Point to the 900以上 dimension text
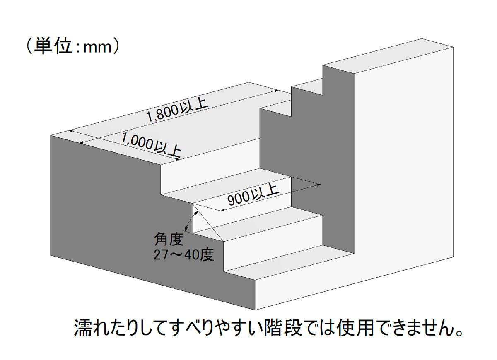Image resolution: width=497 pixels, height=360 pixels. (253, 195)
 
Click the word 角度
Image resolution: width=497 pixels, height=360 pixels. (169, 239)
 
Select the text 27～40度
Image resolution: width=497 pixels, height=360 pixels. (184, 255)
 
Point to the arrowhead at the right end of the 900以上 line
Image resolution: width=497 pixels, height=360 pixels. (319, 185)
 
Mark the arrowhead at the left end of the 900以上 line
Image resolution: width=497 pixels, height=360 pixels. (222, 210)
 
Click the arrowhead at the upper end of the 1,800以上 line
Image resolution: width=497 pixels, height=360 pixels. (276, 91)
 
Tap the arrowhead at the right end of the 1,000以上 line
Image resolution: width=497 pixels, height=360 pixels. (178, 159)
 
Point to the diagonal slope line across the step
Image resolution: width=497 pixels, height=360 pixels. (207, 222)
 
